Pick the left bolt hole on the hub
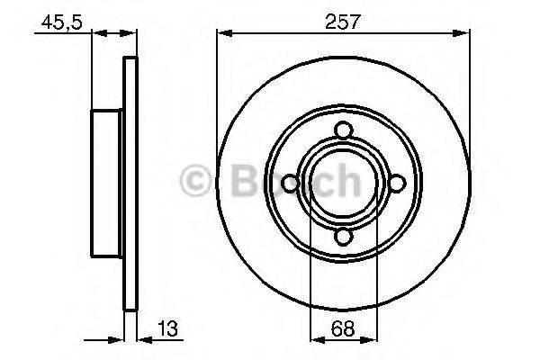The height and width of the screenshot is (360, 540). coord(290,184)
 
